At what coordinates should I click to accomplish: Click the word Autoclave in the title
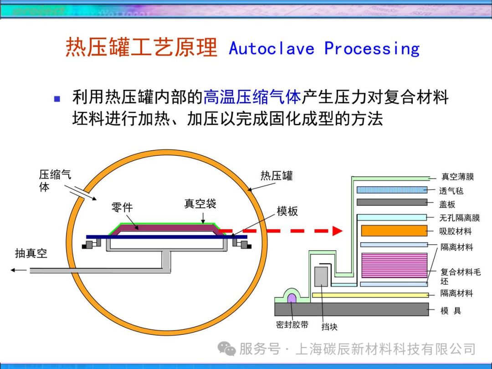(x=272, y=48)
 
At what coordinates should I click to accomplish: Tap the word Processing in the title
(x=372, y=48)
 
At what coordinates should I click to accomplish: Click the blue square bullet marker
(x=57, y=98)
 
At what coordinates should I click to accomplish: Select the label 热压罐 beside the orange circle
(x=277, y=176)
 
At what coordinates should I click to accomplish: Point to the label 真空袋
(x=200, y=204)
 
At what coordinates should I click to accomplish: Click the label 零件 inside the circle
(x=122, y=207)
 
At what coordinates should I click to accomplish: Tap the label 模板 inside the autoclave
(x=287, y=211)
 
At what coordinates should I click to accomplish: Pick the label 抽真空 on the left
(x=31, y=253)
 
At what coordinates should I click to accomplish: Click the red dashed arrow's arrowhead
(x=337, y=231)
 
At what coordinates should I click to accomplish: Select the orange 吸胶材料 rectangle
(x=394, y=231)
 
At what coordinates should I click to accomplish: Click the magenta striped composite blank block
(x=394, y=266)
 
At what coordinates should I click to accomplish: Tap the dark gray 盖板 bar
(x=392, y=202)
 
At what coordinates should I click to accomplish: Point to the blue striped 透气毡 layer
(x=392, y=190)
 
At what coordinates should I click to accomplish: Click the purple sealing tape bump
(x=292, y=299)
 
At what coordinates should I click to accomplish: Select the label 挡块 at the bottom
(x=329, y=327)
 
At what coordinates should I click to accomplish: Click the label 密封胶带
(x=292, y=325)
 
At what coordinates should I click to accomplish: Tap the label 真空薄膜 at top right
(x=458, y=177)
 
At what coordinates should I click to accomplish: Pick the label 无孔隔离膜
(x=459, y=218)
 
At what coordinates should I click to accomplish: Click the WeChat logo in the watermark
(x=226, y=349)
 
